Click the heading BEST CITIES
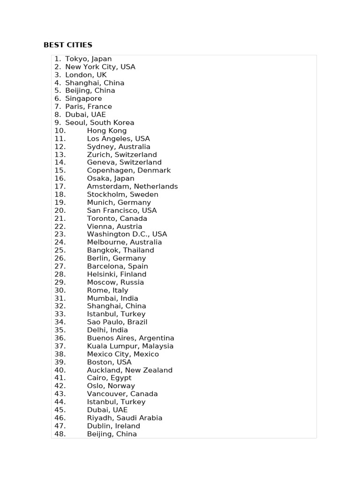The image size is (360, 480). pos(68,45)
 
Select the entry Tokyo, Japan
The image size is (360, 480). pos(88,59)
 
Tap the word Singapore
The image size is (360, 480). pos(83,99)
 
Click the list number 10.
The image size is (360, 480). pos(60,131)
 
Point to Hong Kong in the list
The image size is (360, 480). pos(106,131)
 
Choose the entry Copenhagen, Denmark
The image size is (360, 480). pos(128,171)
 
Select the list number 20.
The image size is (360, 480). pos(60,210)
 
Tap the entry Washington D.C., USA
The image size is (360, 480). pos(127,234)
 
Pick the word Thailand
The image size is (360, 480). pos(138,250)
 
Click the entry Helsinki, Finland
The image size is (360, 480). pos(116,274)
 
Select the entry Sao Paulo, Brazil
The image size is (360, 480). pos(117,322)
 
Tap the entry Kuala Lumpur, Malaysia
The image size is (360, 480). pos(130,346)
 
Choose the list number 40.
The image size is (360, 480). pos(60,370)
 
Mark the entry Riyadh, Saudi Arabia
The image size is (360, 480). pos(124,418)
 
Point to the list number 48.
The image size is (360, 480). pos(60,434)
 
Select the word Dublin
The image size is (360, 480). pos(98,426)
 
